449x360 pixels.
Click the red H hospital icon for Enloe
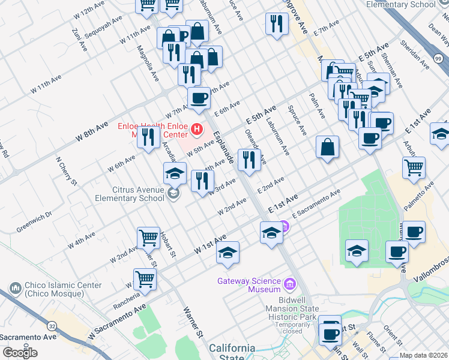tap(196, 129)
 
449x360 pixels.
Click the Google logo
tap(20, 353)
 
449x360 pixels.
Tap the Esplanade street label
tap(223, 146)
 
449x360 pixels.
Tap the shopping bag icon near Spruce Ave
tap(327, 147)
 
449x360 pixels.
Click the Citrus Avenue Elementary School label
tap(129, 194)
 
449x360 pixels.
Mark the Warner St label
tap(191, 320)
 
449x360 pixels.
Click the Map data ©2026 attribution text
tap(423, 355)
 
